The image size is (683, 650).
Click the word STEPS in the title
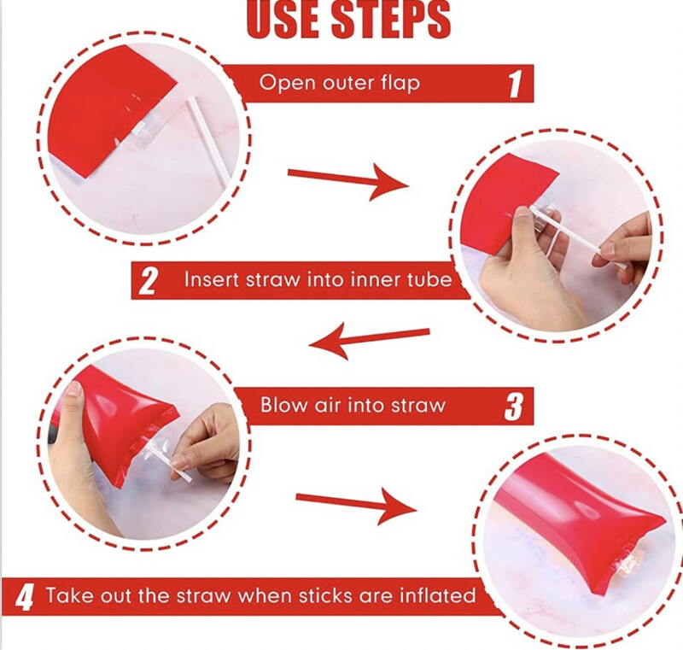coord(391,19)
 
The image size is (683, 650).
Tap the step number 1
coord(515,84)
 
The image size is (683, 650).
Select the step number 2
coord(148,281)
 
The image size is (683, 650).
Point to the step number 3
coord(513,406)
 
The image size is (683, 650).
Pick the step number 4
coord(25,597)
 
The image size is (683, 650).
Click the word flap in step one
coord(400,83)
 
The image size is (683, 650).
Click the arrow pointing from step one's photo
coord(348,179)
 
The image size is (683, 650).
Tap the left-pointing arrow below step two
coord(369,340)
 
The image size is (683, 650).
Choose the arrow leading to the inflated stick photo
coord(356,505)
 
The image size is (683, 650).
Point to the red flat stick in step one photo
coord(113,111)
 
